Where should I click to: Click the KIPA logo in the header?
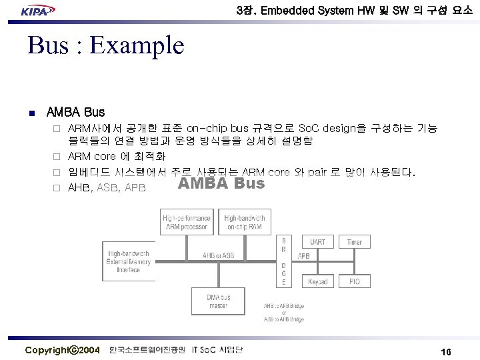(x=37, y=11)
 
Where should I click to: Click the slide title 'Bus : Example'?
(x=105, y=46)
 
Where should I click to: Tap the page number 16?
(x=447, y=351)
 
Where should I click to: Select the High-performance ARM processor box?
(x=187, y=223)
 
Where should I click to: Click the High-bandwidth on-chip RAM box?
(x=245, y=223)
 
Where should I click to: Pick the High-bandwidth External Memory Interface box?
(x=128, y=261)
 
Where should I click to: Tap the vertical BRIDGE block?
(x=284, y=261)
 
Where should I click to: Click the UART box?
(x=318, y=242)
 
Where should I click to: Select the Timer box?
(x=355, y=242)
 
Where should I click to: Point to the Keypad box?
(x=318, y=281)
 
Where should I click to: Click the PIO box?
(x=355, y=281)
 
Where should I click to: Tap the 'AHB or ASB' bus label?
(x=219, y=255)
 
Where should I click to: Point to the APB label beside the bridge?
(x=303, y=255)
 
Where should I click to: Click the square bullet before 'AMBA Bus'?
(x=31, y=112)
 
